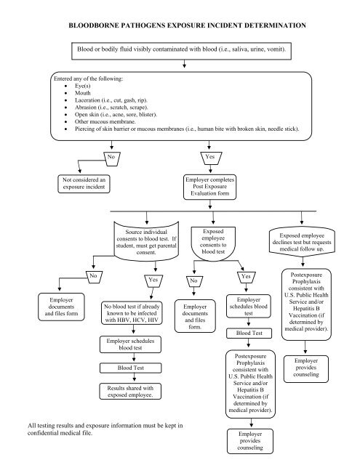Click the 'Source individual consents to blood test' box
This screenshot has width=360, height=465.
(147, 248)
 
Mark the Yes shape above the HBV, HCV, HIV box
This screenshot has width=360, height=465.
(153, 299)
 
